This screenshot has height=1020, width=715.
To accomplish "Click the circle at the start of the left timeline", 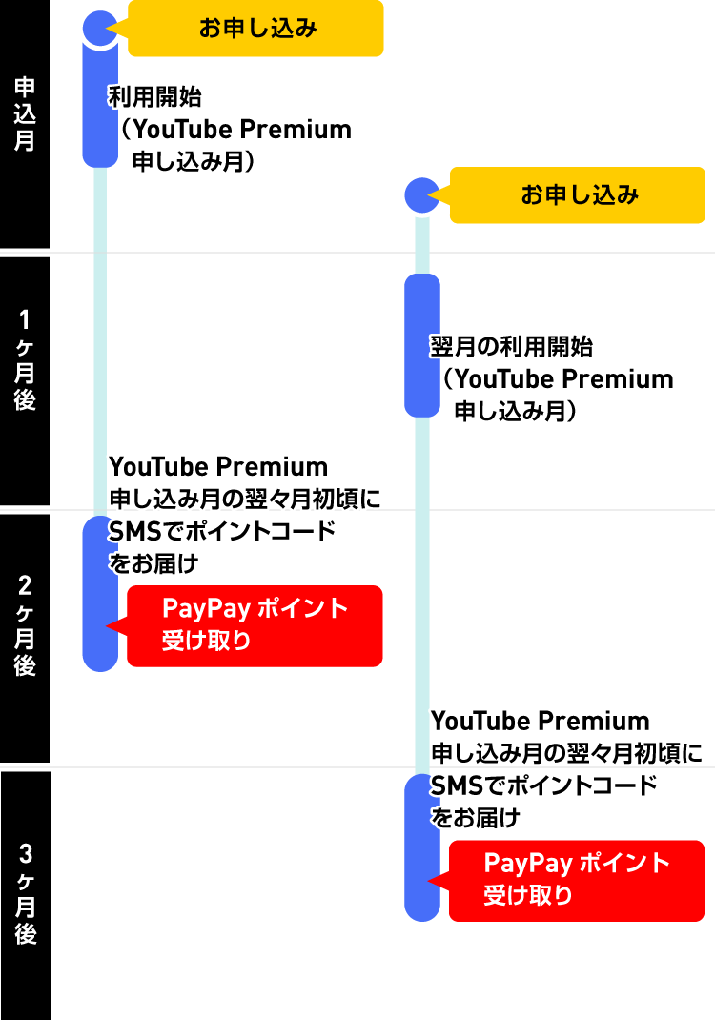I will click(99, 29).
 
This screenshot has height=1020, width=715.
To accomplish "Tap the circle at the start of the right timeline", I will click(421, 195).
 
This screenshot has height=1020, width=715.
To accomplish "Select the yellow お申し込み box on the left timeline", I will click(255, 29).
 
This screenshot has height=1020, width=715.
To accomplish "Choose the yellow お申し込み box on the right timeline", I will click(578, 195).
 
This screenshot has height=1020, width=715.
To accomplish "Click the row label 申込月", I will click(25, 114).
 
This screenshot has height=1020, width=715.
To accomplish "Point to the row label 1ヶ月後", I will click(25, 359).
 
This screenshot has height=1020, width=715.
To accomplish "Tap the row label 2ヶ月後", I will click(25, 625).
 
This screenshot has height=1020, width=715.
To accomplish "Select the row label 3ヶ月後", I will click(25, 894).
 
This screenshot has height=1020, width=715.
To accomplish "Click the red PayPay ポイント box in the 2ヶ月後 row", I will click(255, 625).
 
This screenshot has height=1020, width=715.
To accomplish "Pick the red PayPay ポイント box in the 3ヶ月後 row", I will click(577, 881).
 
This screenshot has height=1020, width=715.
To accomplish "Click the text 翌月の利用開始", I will click(513, 347).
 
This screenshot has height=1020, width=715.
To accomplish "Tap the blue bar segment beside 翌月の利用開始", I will click(421, 346).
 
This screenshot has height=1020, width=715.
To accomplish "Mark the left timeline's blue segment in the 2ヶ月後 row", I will click(99, 593).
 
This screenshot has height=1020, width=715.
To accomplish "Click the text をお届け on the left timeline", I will click(153, 563).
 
